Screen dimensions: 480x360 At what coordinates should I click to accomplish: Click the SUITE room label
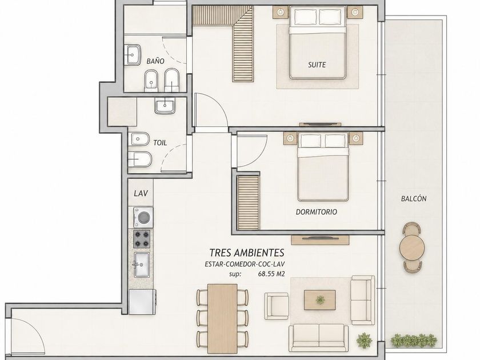(x=317, y=65)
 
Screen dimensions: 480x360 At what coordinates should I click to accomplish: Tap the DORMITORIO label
(x=316, y=212)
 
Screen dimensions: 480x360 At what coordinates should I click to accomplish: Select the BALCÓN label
(x=414, y=198)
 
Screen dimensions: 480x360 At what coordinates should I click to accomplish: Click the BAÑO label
(x=155, y=61)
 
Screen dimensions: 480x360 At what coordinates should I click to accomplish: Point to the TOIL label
(x=160, y=143)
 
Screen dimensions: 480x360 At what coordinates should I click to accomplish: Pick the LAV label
(x=141, y=193)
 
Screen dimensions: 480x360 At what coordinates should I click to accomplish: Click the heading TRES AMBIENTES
(x=247, y=253)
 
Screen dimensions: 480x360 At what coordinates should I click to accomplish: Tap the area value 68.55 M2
(x=271, y=274)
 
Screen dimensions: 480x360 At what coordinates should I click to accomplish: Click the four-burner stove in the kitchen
(x=142, y=239)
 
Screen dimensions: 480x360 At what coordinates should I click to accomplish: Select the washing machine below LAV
(x=143, y=217)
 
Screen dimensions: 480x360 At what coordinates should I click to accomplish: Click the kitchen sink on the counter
(x=142, y=265)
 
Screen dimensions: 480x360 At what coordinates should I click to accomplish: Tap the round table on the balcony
(x=412, y=247)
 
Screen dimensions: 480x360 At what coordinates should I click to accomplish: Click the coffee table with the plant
(x=319, y=300)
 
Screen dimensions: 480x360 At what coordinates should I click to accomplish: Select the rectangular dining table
(x=222, y=318)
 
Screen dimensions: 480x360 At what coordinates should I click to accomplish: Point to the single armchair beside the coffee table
(x=277, y=306)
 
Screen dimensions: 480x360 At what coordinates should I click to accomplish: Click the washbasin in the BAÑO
(x=133, y=55)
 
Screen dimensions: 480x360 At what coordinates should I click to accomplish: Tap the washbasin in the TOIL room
(x=165, y=106)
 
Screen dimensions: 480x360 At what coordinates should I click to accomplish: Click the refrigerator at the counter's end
(x=142, y=302)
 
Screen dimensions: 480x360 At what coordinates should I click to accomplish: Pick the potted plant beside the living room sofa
(x=365, y=340)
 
